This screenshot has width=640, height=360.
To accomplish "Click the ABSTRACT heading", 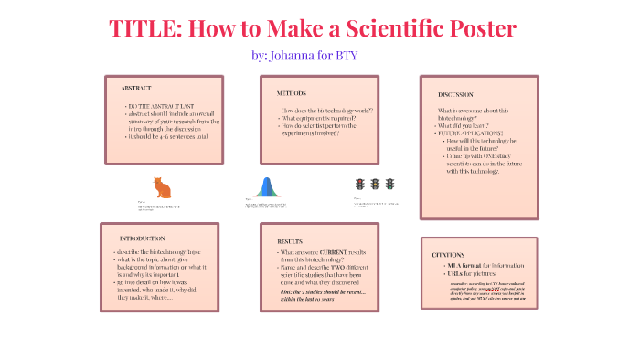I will coord(136,88).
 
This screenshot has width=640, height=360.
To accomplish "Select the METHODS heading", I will coord(292,93).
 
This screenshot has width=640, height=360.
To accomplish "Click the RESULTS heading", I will coord(290,241).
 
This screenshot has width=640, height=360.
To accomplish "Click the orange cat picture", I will coord(162,187).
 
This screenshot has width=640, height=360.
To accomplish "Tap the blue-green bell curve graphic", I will coord(266,187).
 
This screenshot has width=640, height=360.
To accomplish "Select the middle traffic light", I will coord(374,184).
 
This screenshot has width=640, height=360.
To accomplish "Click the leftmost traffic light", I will coord(359,184).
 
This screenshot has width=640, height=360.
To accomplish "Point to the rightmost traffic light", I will coord(389,184).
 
